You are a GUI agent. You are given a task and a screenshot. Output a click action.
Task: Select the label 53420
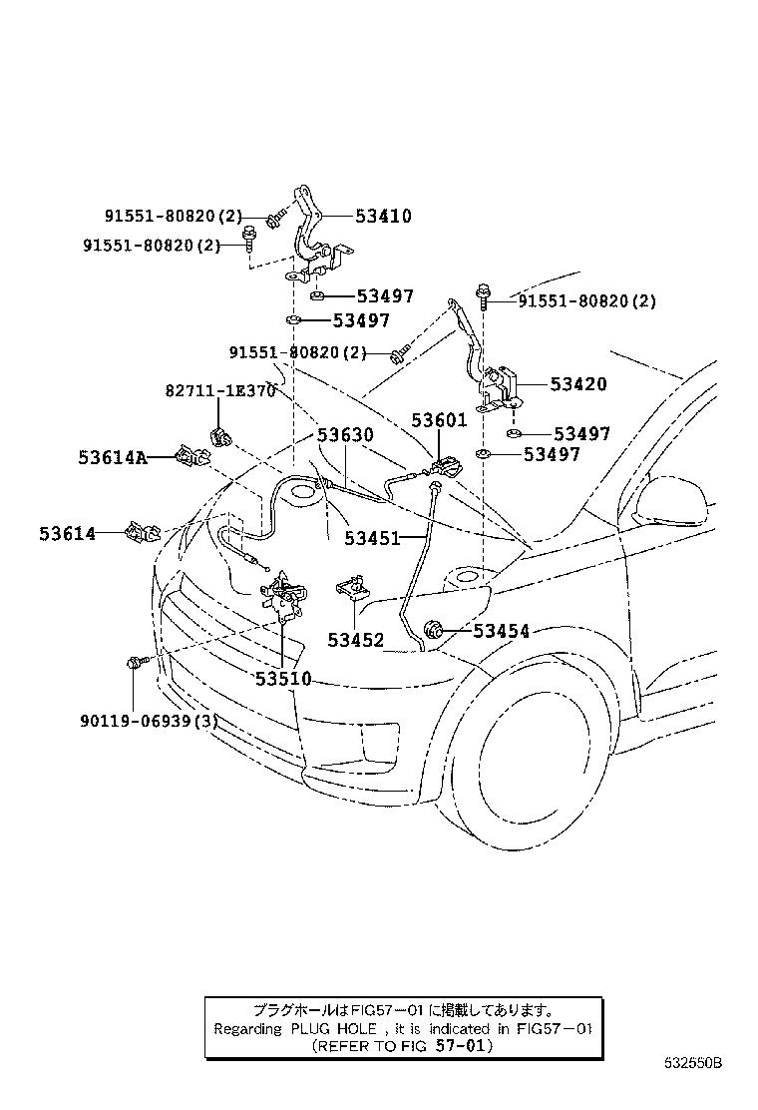[578, 384]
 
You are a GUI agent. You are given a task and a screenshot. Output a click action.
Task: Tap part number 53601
[439, 420]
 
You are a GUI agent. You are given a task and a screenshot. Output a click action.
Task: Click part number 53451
[372, 538]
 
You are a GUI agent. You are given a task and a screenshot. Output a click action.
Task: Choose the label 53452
[356, 640]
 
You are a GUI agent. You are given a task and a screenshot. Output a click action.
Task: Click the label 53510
[283, 679]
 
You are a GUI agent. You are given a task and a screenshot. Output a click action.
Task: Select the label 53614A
[112, 458]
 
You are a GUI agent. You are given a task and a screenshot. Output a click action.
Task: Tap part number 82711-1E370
[219, 391]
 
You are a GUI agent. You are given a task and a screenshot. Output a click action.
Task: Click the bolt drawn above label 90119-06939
[136, 662]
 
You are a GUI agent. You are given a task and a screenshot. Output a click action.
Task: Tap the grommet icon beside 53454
[434, 629]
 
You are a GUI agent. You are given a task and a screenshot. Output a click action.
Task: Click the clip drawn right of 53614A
[190, 457]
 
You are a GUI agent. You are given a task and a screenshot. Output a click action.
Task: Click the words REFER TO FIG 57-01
[403, 1046]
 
